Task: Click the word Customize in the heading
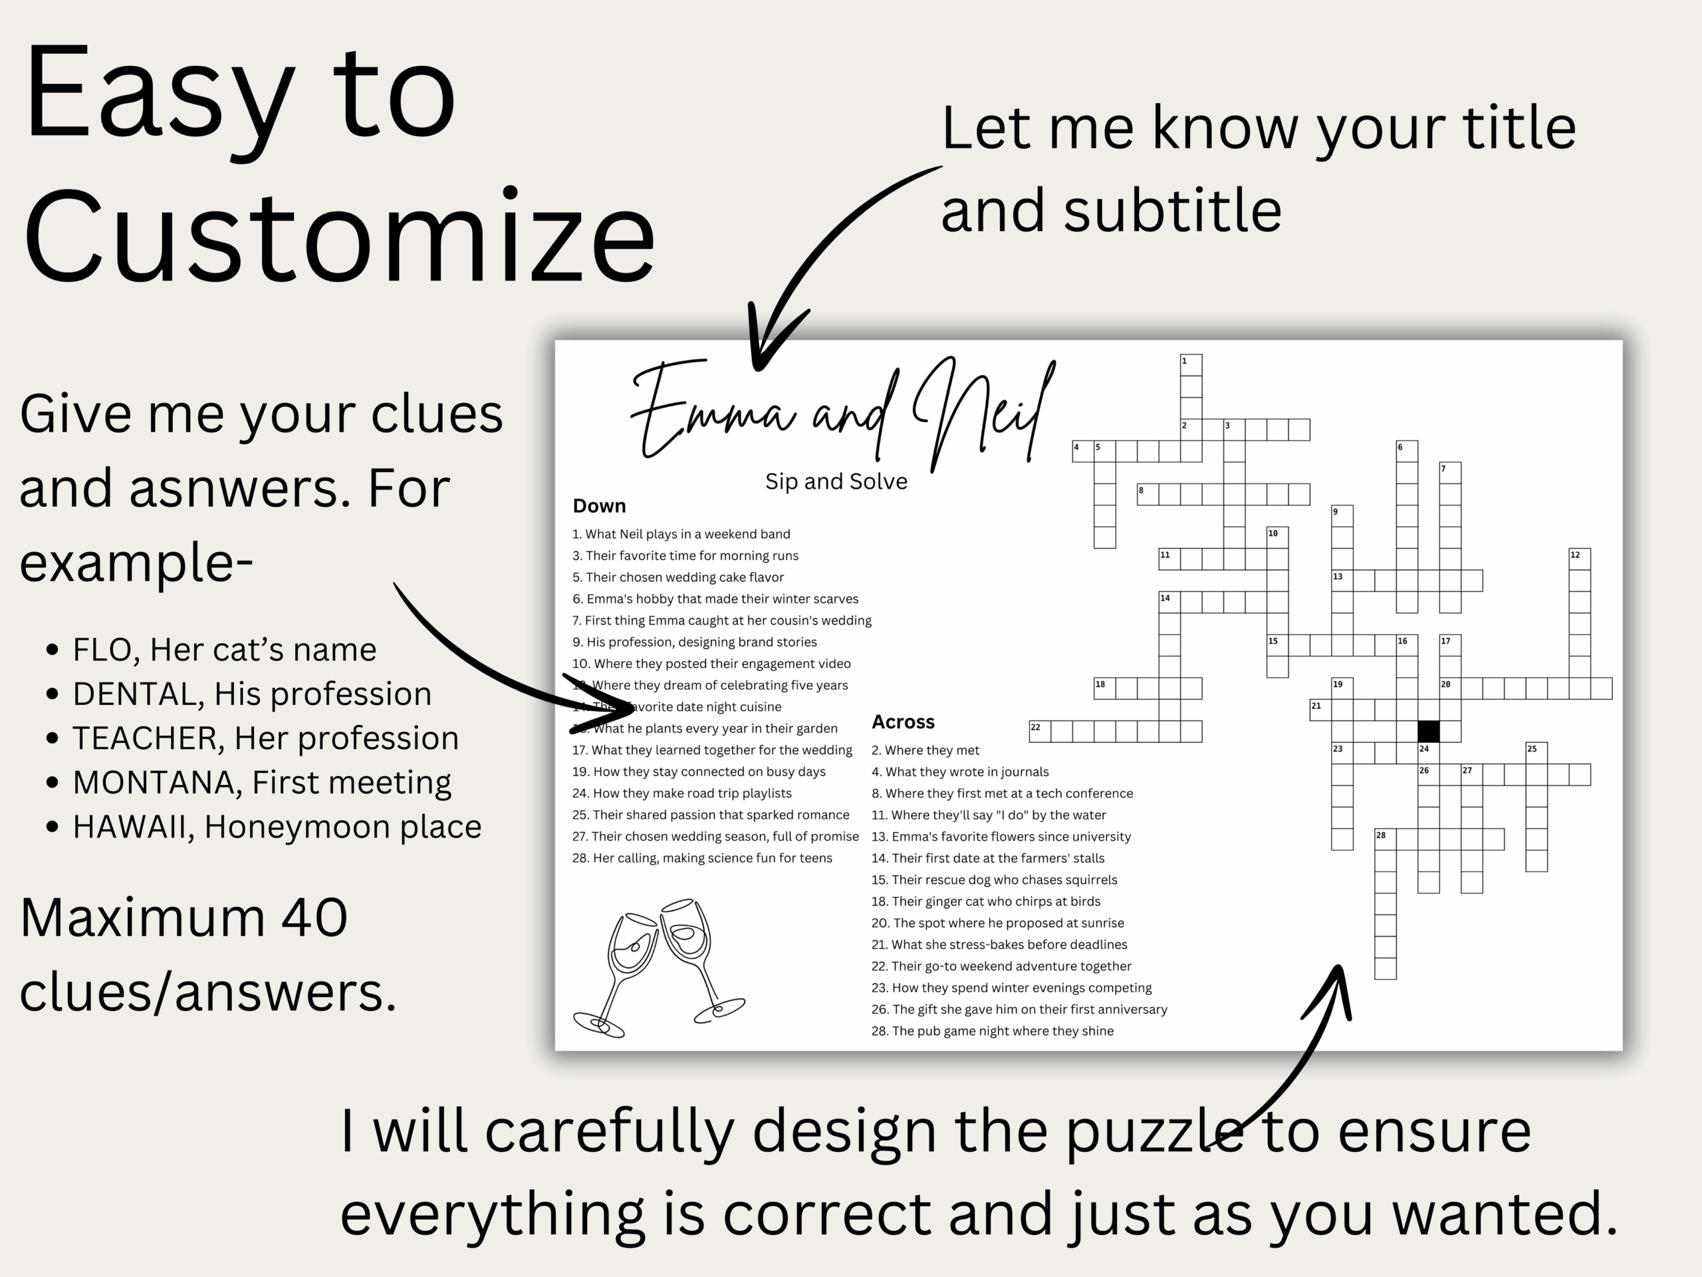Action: [x=338, y=237]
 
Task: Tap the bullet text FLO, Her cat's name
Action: [x=224, y=650]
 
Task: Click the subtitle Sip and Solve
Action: [x=836, y=482]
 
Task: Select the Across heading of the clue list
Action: [x=903, y=722]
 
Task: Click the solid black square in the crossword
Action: [x=1428, y=730]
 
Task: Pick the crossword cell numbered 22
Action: [x=1040, y=731]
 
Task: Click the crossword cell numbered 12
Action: [x=1580, y=559]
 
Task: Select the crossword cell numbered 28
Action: [x=1385, y=839]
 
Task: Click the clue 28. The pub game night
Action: [x=992, y=1031]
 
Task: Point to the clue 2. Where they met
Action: [x=925, y=750]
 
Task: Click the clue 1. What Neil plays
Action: [x=681, y=534]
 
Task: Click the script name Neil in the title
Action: [x=981, y=416]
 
